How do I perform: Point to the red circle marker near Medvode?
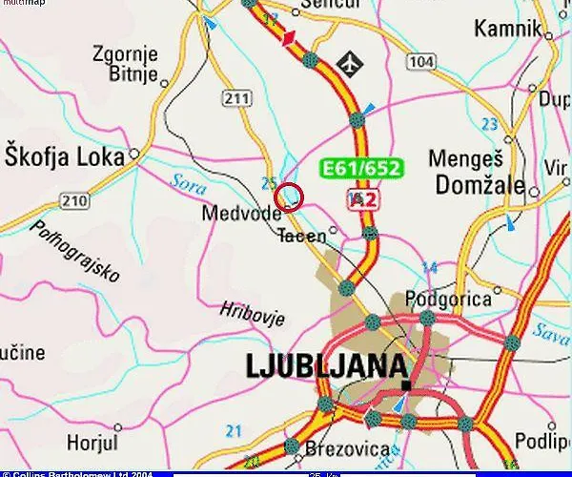[x=289, y=197]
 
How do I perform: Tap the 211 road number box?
[x=236, y=98]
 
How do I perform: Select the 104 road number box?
[x=419, y=62]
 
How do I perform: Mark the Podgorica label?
[x=448, y=300]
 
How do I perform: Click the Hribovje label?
[x=247, y=310]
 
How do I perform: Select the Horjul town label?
[x=93, y=442]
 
